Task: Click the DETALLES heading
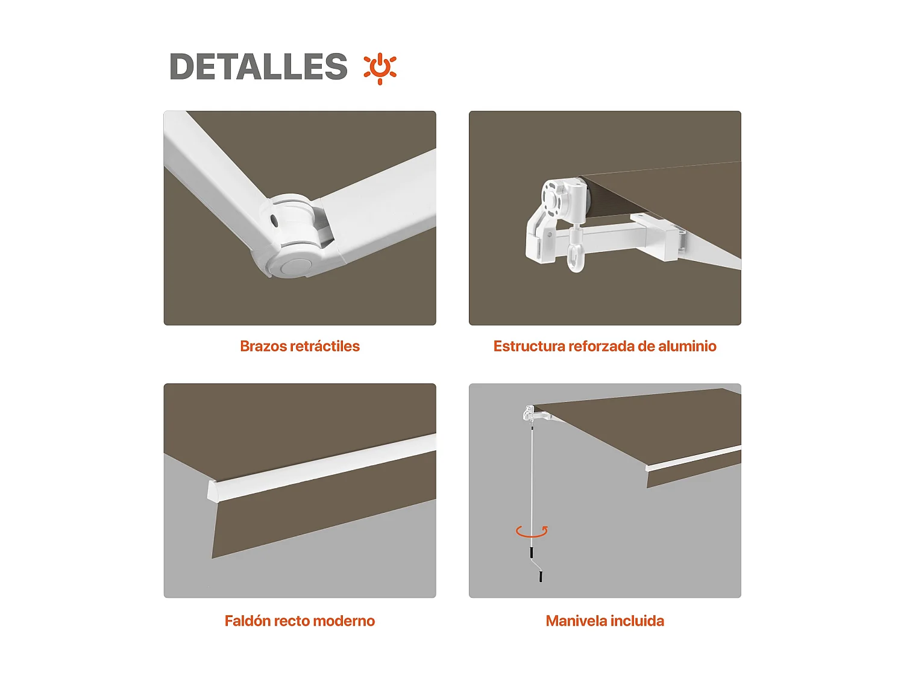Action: (x=258, y=66)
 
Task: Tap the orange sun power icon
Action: (x=380, y=67)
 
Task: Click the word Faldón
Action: (x=247, y=621)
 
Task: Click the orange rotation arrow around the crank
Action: (x=532, y=531)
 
